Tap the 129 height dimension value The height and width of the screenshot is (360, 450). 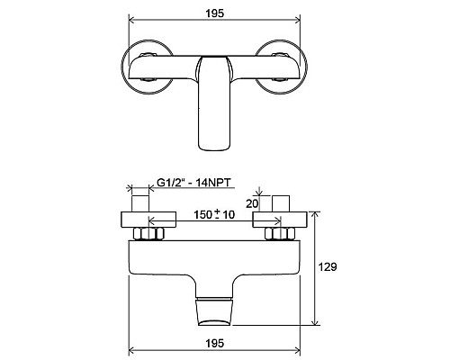[331, 266]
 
